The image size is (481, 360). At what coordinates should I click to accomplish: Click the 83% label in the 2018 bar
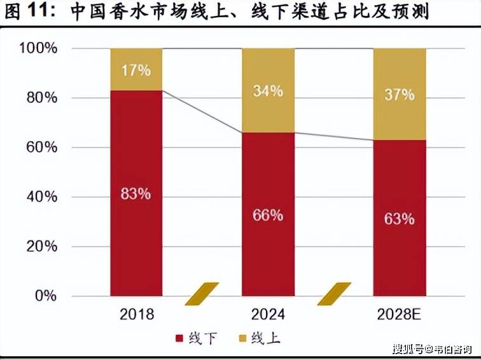136,194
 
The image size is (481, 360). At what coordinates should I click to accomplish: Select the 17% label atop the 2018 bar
136,70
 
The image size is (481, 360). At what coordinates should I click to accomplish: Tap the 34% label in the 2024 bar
267,91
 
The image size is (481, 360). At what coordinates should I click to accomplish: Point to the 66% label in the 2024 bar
267,215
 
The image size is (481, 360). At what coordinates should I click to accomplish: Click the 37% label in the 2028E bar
399,95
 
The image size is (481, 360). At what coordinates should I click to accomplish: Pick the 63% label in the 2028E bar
399,219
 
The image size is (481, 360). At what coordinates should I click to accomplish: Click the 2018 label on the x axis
136,315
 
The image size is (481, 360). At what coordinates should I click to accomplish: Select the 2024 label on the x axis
268,315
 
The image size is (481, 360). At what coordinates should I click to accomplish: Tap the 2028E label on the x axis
399,315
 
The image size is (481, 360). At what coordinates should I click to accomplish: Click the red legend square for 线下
179,338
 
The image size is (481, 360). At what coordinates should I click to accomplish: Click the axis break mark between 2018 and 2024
202,293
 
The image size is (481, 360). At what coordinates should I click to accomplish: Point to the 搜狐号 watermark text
408,349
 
